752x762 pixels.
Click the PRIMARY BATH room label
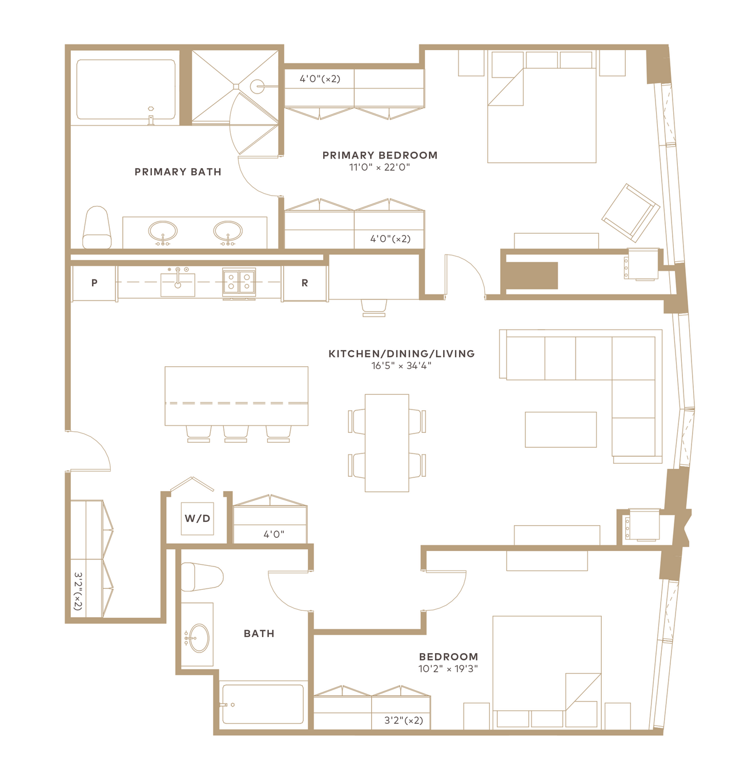(x=178, y=172)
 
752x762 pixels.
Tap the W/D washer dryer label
(x=197, y=518)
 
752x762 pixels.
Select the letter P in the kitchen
(x=94, y=283)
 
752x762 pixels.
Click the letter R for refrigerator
(x=304, y=283)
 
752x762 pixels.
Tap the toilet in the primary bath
(x=97, y=228)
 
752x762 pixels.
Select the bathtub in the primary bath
(x=126, y=89)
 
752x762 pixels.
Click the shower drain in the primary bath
(x=236, y=87)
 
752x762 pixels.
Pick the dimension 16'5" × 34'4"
(x=401, y=366)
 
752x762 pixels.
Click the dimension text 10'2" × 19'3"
(x=448, y=668)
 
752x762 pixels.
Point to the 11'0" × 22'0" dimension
(x=379, y=167)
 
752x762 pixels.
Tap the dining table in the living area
(x=387, y=443)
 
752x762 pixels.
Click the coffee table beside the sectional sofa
(x=561, y=429)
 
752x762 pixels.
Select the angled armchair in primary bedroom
(x=631, y=213)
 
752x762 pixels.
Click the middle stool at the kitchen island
(x=236, y=433)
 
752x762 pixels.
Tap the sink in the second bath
(x=199, y=638)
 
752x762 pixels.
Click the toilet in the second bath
(x=202, y=577)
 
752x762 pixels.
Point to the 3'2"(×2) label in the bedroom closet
(x=404, y=720)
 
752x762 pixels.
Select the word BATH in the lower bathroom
(x=259, y=634)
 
